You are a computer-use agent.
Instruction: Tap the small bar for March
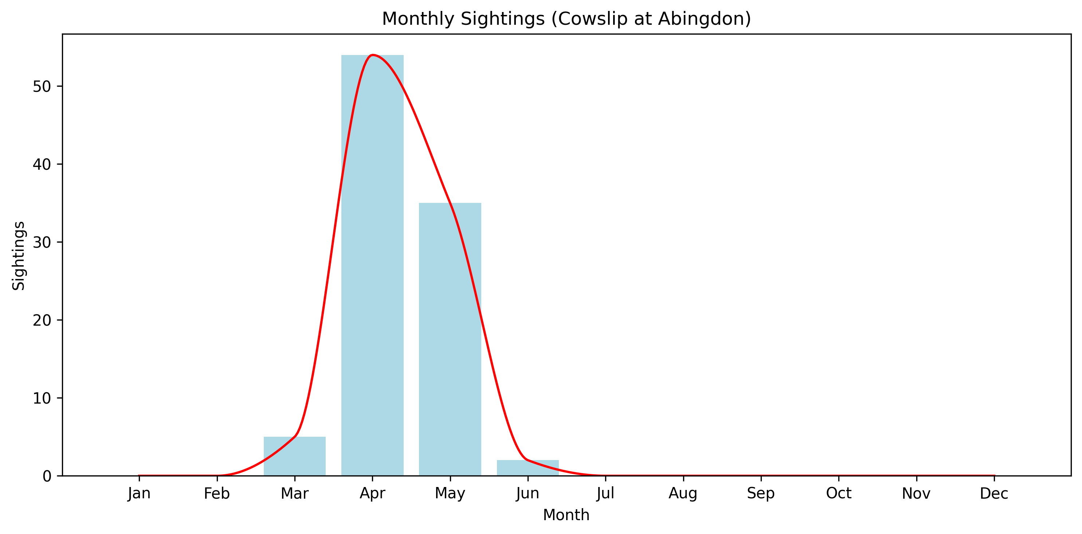pyautogui.click(x=294, y=456)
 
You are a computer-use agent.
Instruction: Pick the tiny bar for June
pyautogui.click(x=528, y=468)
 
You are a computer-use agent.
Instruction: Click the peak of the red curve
pyautogui.click(x=373, y=55)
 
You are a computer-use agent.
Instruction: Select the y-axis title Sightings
pyautogui.click(x=19, y=255)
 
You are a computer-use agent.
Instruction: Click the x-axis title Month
pyautogui.click(x=566, y=515)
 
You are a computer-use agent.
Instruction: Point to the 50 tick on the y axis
pyautogui.click(x=42, y=86)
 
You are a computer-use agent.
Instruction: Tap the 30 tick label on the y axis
pyautogui.click(x=42, y=242)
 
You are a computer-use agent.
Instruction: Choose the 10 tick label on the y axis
pyautogui.click(x=42, y=398)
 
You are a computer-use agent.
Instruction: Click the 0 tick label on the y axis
pyautogui.click(x=47, y=476)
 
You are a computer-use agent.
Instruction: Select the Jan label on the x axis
pyautogui.click(x=139, y=493)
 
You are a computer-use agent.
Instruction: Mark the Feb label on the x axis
pyautogui.click(x=217, y=493)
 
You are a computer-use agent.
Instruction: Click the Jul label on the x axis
pyautogui.click(x=605, y=493)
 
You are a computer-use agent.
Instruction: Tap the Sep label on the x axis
pyautogui.click(x=761, y=493)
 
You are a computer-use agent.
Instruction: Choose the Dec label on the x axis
pyautogui.click(x=994, y=493)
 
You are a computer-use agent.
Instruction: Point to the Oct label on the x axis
pyautogui.click(x=838, y=493)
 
